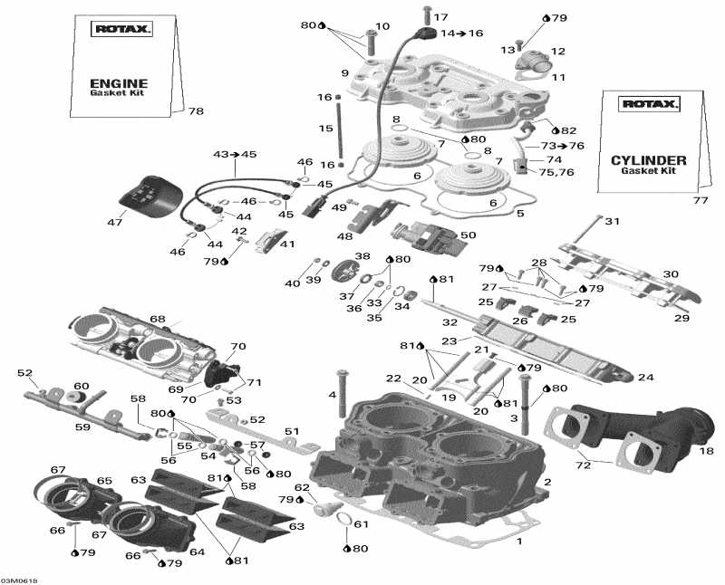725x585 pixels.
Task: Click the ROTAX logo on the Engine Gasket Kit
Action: click(x=123, y=29)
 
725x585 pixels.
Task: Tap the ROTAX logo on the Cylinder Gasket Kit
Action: click(x=648, y=104)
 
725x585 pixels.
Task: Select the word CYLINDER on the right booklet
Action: click(x=648, y=160)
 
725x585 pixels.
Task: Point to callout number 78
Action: click(x=196, y=111)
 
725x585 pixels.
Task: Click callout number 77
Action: click(x=700, y=200)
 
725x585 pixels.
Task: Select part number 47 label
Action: click(x=115, y=222)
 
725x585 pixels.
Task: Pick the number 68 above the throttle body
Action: click(x=158, y=319)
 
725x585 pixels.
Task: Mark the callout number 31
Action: click(x=612, y=222)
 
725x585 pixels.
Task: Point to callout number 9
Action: click(x=344, y=73)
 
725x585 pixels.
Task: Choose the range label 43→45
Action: click(x=235, y=155)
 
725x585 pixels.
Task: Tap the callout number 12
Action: click(x=557, y=52)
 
